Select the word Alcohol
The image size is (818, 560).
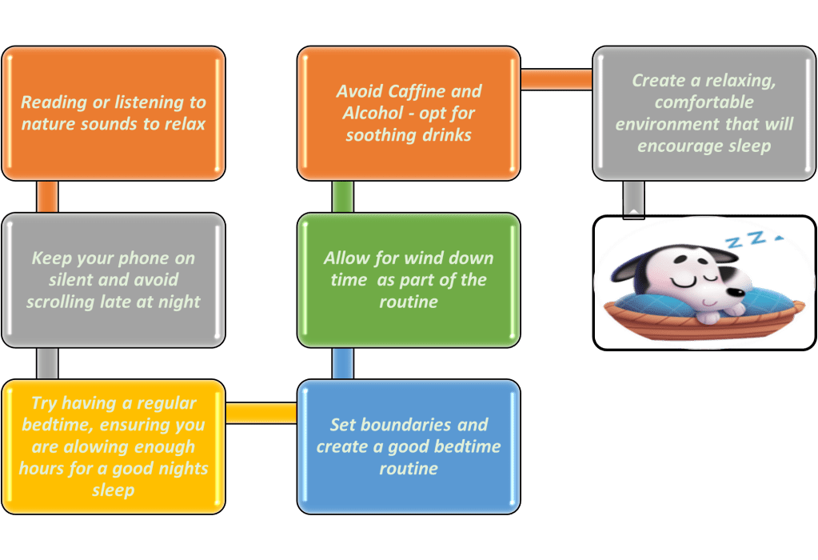coord(373,114)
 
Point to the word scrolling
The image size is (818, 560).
coord(61,302)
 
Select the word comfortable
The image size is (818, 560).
coord(704,102)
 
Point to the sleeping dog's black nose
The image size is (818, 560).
coord(736,292)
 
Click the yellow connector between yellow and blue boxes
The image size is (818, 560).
coord(261,413)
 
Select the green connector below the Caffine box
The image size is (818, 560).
coord(343,197)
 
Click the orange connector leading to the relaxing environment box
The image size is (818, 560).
coord(557,79)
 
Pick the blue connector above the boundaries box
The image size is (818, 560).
coord(343,363)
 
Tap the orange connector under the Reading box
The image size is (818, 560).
coord(47,197)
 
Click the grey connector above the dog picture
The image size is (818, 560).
coord(634,198)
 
